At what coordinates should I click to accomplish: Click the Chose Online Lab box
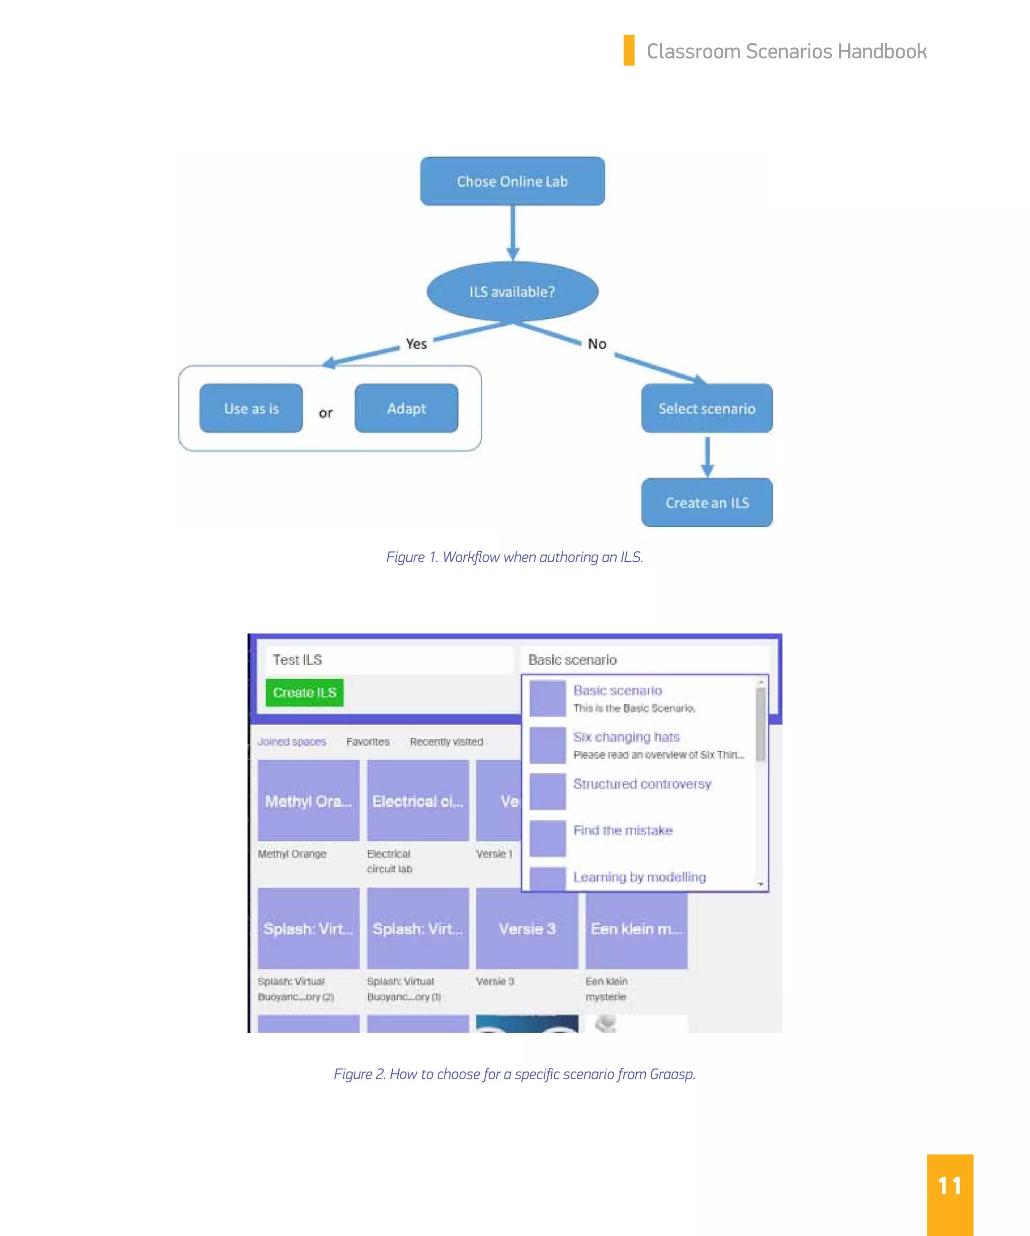point(512,182)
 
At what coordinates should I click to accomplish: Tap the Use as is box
point(251,408)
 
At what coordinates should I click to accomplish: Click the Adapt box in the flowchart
point(406,408)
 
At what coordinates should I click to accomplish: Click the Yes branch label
point(416,344)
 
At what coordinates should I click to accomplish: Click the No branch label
point(597,344)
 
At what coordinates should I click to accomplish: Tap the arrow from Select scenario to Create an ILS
point(707,456)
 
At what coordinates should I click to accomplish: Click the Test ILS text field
point(388,660)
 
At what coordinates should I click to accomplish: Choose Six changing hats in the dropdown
point(626,737)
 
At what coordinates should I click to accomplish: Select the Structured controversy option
point(642,784)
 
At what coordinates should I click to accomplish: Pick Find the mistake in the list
point(623,831)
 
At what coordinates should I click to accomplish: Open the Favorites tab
point(368,742)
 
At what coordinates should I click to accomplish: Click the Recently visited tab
point(446,742)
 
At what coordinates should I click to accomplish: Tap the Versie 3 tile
point(527,928)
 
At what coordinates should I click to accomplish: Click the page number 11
point(950,1186)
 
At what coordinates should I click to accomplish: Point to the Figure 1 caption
point(514,557)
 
